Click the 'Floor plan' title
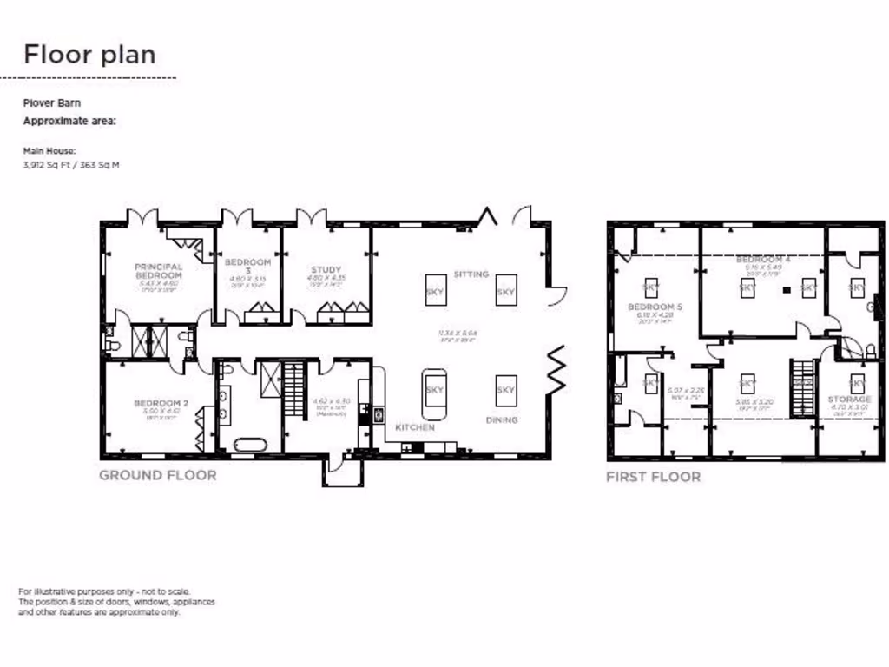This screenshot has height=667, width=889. pyautogui.click(x=89, y=55)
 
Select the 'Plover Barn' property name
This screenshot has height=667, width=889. pyautogui.click(x=51, y=102)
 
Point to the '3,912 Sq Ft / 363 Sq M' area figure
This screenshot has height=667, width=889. pyautogui.click(x=70, y=163)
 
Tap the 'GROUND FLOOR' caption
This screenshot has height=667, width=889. pyautogui.click(x=157, y=475)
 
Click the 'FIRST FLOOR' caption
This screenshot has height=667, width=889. pyautogui.click(x=653, y=477)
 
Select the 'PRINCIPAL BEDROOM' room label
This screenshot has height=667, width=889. pyautogui.click(x=158, y=271)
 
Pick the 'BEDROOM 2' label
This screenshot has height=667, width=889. pyautogui.click(x=161, y=403)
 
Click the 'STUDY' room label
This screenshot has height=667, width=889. pyautogui.click(x=326, y=270)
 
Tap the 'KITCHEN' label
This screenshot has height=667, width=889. pyautogui.click(x=415, y=428)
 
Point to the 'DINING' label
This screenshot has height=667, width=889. pyautogui.click(x=502, y=420)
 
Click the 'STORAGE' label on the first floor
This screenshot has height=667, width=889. pyautogui.click(x=849, y=400)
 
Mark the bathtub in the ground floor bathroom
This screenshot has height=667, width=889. pyautogui.click(x=249, y=446)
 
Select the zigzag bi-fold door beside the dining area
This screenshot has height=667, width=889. pyautogui.click(x=556, y=368)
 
